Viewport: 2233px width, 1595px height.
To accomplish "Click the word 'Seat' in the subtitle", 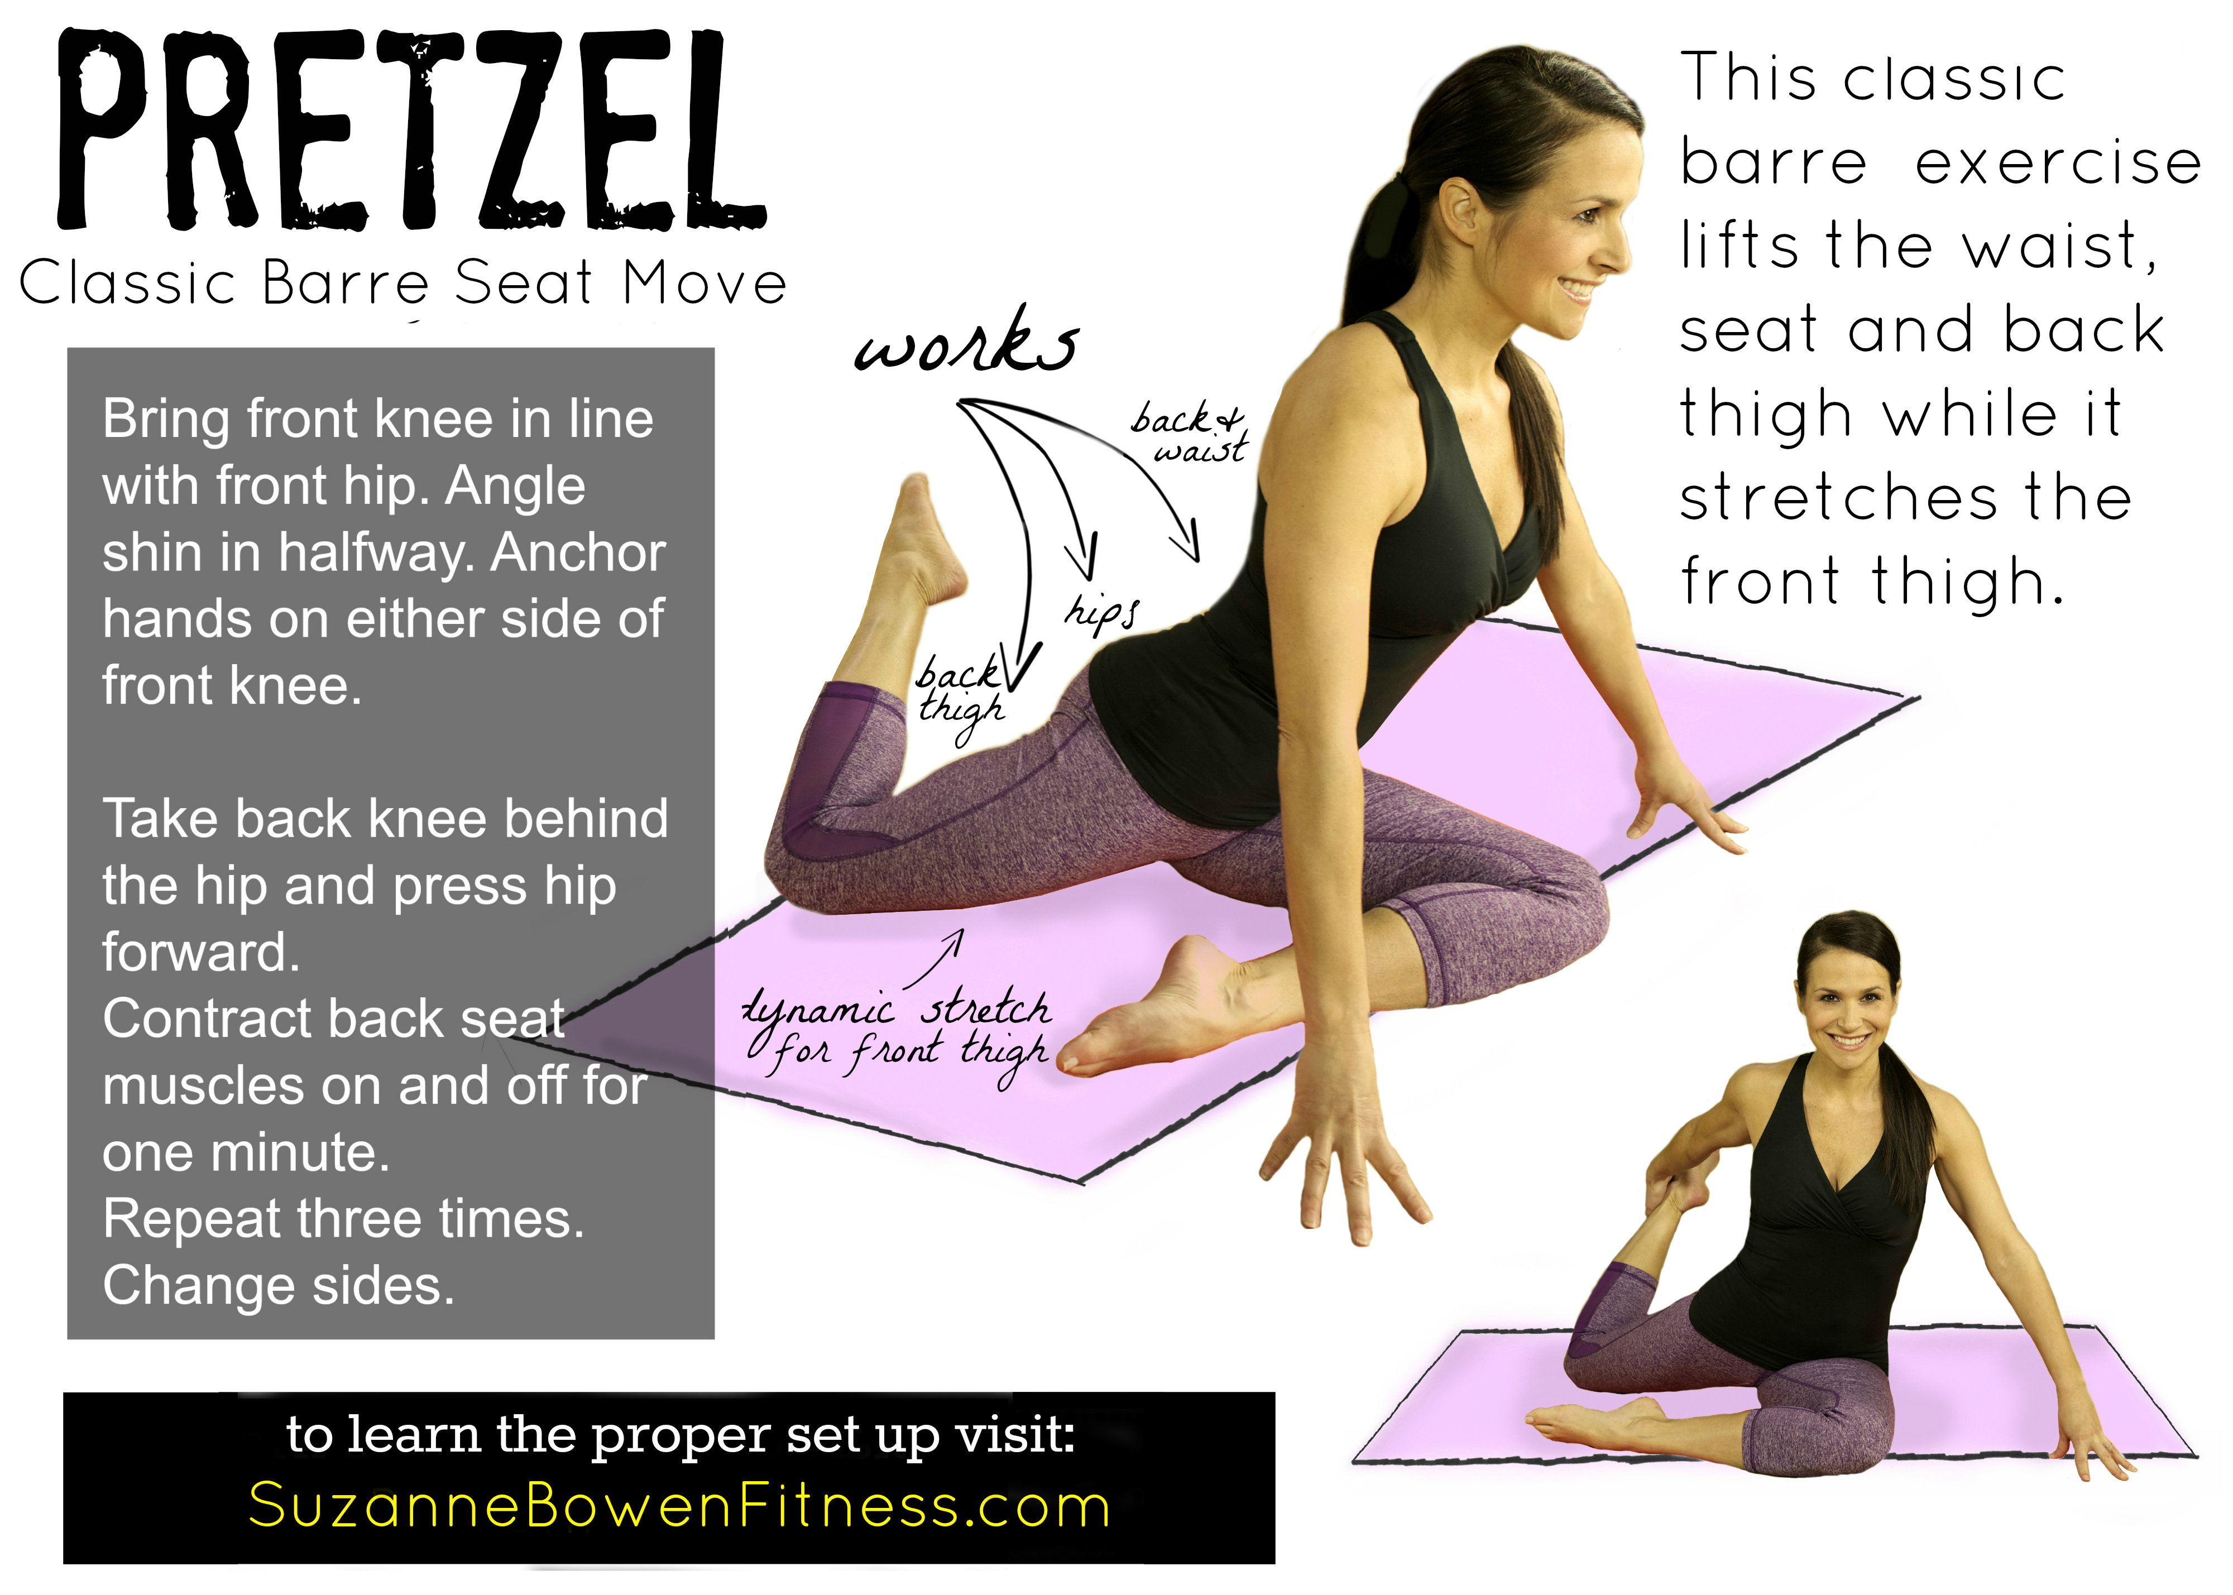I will pyautogui.click(x=524, y=284).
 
